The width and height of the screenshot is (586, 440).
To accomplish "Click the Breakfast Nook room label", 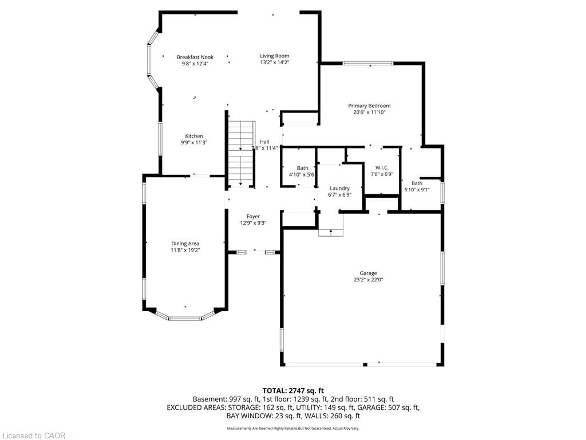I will pos(195,57).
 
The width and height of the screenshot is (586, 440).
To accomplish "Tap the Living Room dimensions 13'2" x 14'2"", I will pos(274,62).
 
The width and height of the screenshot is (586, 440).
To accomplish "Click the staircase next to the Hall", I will pos(241,154).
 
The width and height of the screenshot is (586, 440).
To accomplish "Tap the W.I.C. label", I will pos(382,168).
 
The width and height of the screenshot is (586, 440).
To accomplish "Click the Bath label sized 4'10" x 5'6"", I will pos(302,168).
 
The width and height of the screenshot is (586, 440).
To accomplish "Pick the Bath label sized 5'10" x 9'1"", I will pos(417,183).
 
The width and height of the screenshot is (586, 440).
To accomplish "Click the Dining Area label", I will pos(185,244).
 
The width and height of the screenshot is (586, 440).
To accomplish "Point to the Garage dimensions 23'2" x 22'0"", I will pos(368,280).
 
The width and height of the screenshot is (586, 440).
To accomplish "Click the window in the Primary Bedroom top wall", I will pos(368,63).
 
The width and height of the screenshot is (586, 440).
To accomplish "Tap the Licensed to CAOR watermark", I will pos(34,435).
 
